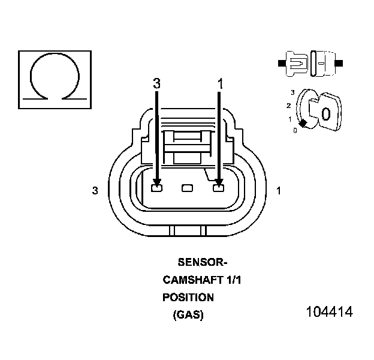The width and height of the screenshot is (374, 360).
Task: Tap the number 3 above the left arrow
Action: pyautogui.click(x=157, y=84)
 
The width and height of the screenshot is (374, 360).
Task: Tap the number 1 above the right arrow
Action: pyautogui.click(x=220, y=84)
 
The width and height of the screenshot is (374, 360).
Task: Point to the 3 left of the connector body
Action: pyautogui.click(x=95, y=191)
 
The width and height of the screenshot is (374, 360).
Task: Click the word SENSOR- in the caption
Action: pyautogui.click(x=203, y=262)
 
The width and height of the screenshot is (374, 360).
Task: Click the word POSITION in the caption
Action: pyautogui.click(x=188, y=297)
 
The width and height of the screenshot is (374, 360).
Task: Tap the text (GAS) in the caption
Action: pyautogui.click(x=188, y=314)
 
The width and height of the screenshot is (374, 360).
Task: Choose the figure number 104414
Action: pyautogui.click(x=329, y=312)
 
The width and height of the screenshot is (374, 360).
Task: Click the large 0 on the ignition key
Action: pyautogui.click(x=325, y=114)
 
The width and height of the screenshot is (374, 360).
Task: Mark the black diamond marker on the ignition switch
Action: pyautogui.click(x=303, y=123)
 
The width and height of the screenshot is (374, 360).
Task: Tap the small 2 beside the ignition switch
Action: pyautogui.click(x=289, y=106)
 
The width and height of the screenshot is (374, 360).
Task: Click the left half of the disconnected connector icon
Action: pyautogui.click(x=295, y=62)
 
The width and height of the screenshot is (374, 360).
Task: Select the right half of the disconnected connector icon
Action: pyautogui.click(x=324, y=62)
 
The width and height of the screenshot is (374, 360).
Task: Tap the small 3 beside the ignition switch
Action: pyautogui.click(x=292, y=92)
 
